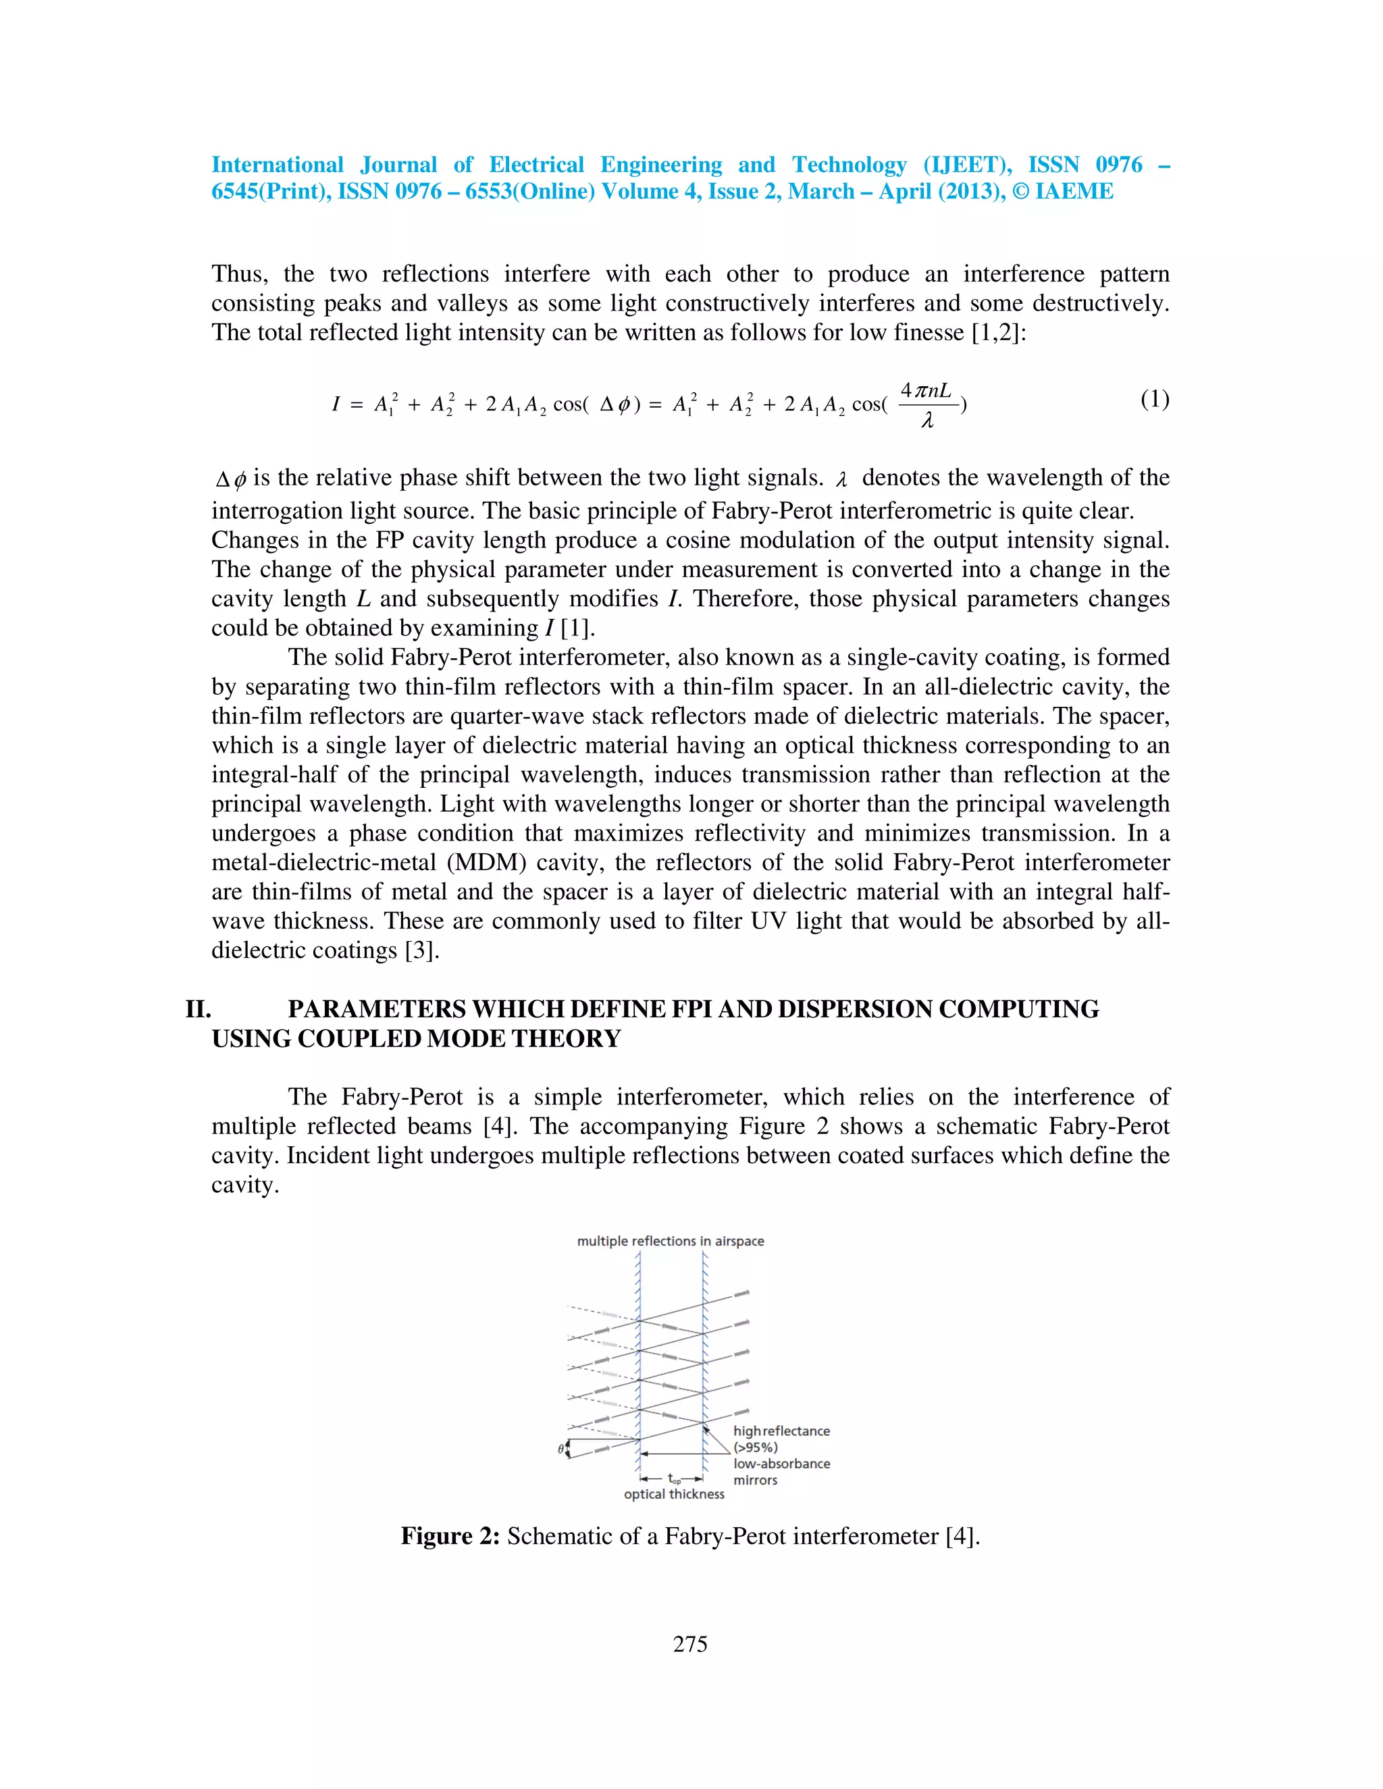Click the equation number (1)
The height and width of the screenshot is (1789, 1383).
(1154, 400)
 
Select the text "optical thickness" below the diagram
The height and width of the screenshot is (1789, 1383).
(673, 1494)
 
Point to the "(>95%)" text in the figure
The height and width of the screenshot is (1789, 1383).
(756, 1447)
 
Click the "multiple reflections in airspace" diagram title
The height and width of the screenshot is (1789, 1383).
(670, 1241)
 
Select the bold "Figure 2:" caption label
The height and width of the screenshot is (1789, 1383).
(450, 1536)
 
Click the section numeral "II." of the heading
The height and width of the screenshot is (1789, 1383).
(199, 1009)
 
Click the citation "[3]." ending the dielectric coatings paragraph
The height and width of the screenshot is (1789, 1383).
(423, 951)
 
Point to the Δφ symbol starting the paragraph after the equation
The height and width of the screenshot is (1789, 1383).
(230, 479)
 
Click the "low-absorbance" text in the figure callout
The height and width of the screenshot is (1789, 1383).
(781, 1464)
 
